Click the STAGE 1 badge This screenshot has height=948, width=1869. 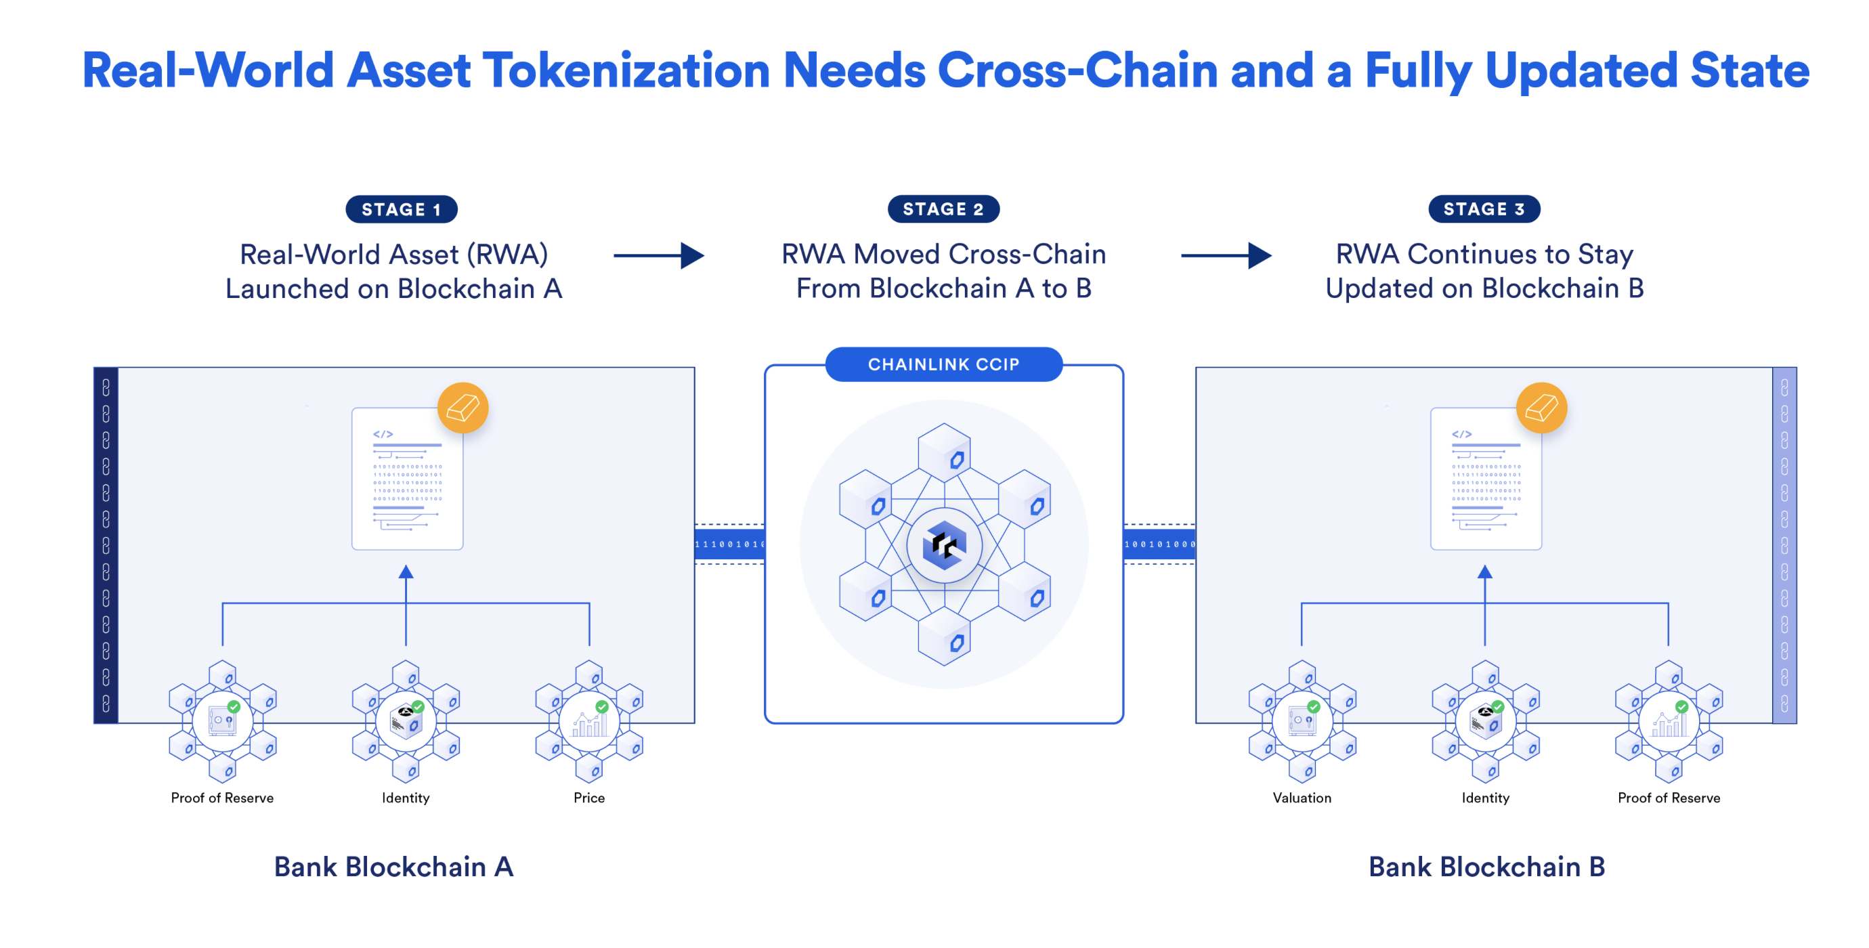point(401,210)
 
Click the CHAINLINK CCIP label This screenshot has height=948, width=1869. point(943,364)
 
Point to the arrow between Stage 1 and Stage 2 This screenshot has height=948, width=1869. point(659,255)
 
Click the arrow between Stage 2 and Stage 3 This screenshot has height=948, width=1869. point(1226,255)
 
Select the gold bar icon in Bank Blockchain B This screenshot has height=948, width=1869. point(1542,408)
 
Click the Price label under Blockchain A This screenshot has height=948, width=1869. point(589,798)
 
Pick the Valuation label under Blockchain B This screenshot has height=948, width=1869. point(1302,798)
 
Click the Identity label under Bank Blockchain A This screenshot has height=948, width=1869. point(406,798)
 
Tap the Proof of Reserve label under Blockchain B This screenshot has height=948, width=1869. point(1669,798)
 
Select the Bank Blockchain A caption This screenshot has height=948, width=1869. point(393,867)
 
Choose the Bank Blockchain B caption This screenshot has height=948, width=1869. point(1486,867)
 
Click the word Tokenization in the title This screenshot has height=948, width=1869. point(626,71)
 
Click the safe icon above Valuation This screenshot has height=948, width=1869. point(1302,722)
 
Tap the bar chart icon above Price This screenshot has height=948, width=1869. point(589,723)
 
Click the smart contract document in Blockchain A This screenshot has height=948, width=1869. point(407,479)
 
